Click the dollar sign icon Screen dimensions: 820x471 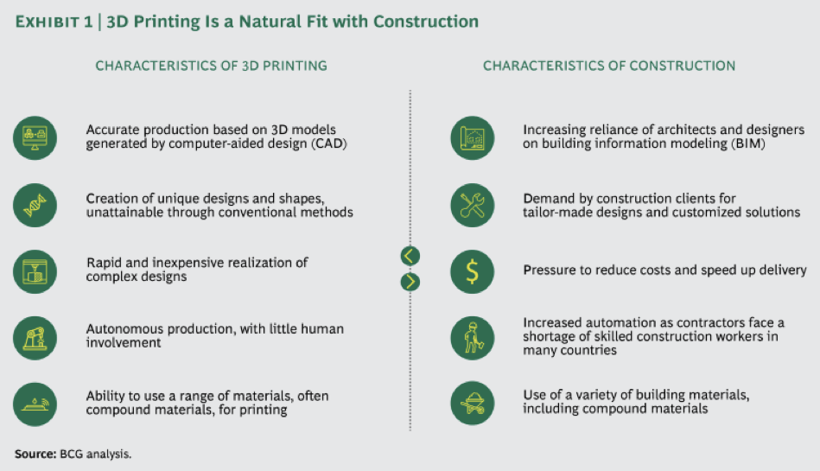point(473,271)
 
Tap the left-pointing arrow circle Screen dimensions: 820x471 point(410,256)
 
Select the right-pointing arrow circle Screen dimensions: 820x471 point(410,282)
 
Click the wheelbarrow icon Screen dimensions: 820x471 point(473,403)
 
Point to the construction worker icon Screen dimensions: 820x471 point(473,338)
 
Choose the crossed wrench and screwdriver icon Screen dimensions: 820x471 point(473,205)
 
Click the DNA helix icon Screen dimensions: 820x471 point(35,205)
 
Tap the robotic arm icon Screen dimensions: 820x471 point(35,338)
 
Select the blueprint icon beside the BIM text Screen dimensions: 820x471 point(473,138)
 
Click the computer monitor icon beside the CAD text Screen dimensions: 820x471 point(35,138)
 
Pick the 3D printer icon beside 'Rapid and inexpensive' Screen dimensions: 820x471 point(35,271)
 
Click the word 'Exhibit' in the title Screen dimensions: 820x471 point(47,22)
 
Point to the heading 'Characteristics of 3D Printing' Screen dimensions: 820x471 point(212,66)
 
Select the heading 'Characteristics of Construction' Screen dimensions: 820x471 point(609,66)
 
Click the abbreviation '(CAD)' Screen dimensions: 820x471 point(329,143)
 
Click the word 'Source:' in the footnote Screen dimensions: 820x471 point(35,454)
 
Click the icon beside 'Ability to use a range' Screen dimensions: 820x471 point(35,404)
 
